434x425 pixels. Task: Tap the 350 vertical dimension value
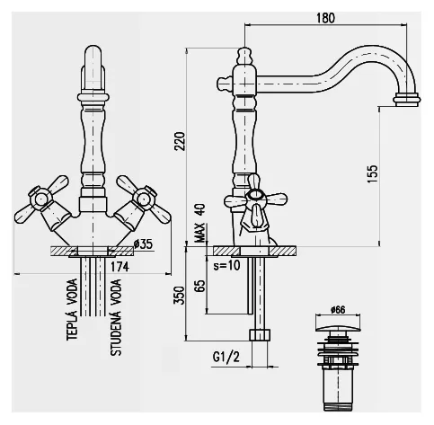[x=180, y=295]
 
